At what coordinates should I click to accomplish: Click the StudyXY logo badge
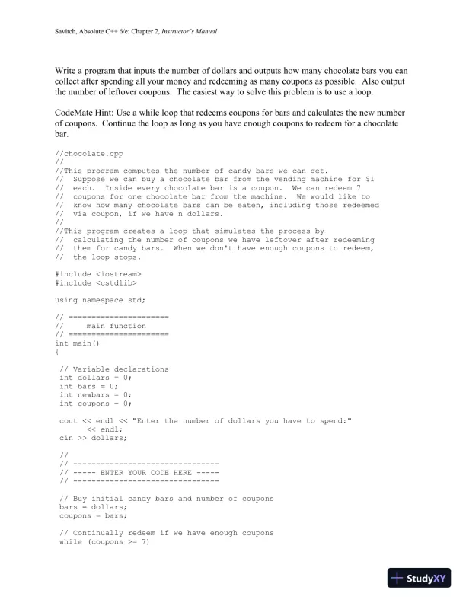tap(421, 578)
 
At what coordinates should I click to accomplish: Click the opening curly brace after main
tap(57, 352)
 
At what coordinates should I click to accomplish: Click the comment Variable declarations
tap(118, 368)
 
